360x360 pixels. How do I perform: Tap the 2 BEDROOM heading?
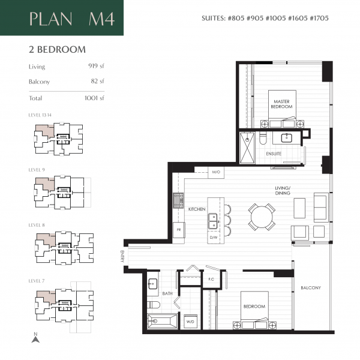57,49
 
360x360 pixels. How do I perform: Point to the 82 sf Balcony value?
98,81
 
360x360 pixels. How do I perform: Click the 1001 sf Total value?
94,98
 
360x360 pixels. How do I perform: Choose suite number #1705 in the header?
317,18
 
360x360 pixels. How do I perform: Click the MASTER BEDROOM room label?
281,104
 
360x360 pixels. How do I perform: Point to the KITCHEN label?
197,209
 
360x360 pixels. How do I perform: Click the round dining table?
262,217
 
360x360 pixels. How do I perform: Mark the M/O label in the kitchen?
216,173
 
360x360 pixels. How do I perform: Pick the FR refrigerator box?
178,230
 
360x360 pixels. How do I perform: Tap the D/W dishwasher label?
213,238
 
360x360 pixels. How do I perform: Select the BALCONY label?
311,288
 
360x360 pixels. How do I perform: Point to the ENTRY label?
122,256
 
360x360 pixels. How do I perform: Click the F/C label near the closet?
211,279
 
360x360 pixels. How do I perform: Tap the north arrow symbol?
35,340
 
